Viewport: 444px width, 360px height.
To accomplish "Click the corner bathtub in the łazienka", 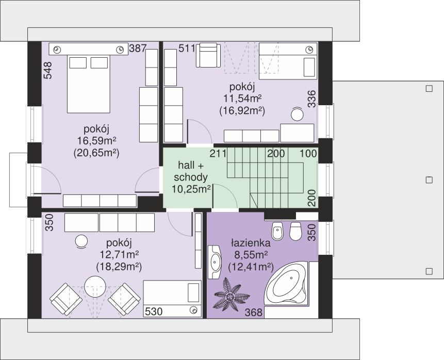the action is (286, 284).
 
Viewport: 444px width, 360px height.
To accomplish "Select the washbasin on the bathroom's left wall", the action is (215, 263).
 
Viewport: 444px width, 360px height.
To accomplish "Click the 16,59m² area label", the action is (96, 141).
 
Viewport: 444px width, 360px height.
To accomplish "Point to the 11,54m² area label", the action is (242, 99).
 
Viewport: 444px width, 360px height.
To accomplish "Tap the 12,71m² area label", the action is (119, 255).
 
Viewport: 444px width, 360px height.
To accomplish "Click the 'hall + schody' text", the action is (191, 171).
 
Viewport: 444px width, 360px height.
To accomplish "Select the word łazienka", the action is (251, 243).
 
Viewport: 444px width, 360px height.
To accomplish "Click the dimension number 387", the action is (138, 48).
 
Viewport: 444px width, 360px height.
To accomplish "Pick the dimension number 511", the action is (187, 48).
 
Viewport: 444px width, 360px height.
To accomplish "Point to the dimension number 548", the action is (48, 71).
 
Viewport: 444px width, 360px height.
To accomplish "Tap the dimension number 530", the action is (154, 312).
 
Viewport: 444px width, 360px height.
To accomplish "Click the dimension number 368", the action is (254, 313).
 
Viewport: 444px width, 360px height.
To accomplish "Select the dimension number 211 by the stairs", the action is (218, 154).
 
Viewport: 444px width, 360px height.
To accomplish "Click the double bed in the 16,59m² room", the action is (88, 84).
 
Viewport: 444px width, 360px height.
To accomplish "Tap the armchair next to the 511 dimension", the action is (208, 55).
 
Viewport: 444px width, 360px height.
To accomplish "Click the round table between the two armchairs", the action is (95, 287).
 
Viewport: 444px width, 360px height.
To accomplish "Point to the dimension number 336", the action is (311, 99).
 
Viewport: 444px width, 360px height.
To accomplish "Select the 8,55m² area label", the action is (251, 255).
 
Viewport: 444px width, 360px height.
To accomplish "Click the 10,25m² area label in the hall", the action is (191, 189).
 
